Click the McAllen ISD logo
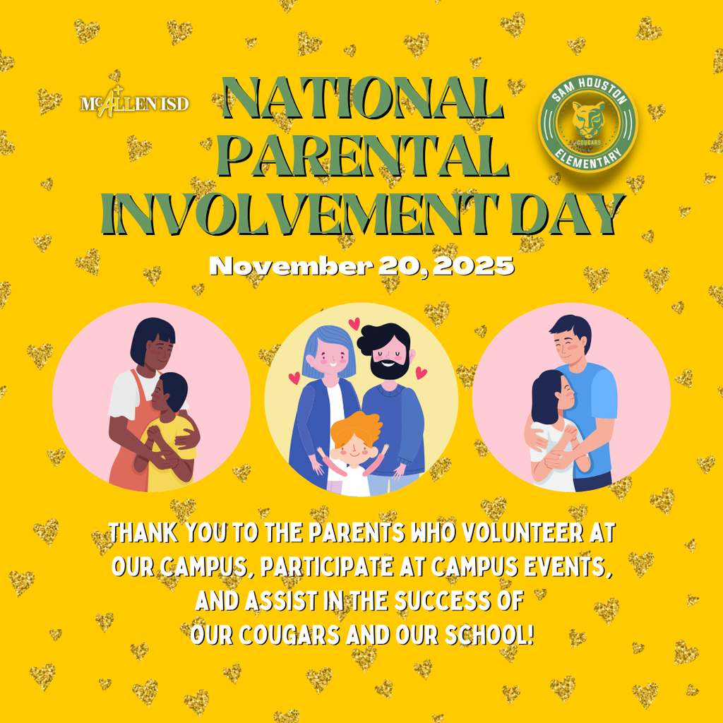pyautogui.click(x=135, y=103)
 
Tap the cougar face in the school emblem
pyautogui.click(x=587, y=120)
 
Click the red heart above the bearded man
pyautogui.click(x=354, y=323)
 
